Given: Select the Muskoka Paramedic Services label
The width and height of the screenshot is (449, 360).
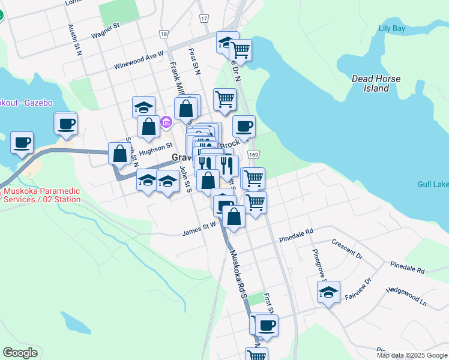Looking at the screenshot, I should point(42,196).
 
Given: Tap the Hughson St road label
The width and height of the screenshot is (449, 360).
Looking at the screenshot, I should point(155,146).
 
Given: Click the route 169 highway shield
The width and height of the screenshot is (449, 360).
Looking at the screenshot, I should point(255,154).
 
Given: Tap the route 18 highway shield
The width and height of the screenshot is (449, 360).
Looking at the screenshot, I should point(164,34).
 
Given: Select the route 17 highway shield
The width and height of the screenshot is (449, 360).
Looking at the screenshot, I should point(204,19).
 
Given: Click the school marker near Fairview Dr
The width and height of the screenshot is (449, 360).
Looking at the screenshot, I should point(328,292).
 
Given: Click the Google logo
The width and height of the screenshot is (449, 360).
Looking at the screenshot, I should point(20,353).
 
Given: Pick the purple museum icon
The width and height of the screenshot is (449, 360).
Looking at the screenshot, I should point(166,123).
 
